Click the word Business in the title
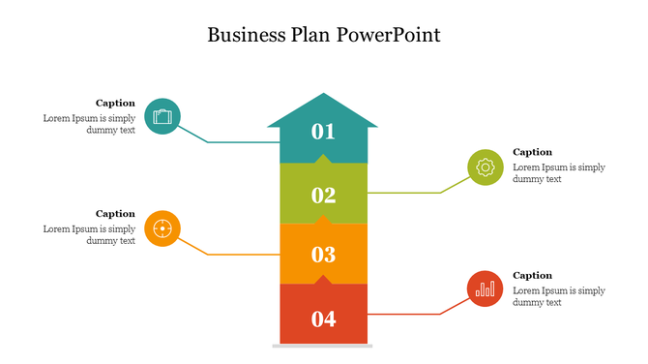click(x=245, y=36)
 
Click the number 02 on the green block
click(x=323, y=196)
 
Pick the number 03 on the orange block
click(x=323, y=256)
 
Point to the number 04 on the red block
click(x=323, y=318)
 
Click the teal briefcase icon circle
click(x=162, y=116)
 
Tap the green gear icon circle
click(x=485, y=167)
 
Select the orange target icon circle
click(x=162, y=228)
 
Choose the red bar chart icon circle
click(x=485, y=288)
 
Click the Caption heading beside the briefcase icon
click(x=115, y=103)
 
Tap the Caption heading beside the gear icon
click(x=532, y=152)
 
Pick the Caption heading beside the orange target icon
click(x=115, y=213)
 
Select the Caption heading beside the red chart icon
click(x=532, y=275)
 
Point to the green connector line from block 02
click(x=406, y=193)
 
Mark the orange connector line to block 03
click(x=242, y=255)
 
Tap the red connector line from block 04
click(x=406, y=314)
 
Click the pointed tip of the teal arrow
click(x=323, y=97)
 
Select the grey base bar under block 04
click(x=323, y=345)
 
